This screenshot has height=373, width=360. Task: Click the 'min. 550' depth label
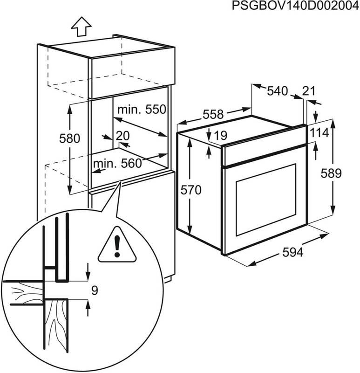pyautogui.click(x=142, y=110)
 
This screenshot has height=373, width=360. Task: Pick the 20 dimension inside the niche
pyautogui.click(x=122, y=136)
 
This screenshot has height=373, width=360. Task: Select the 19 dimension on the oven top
pyautogui.click(x=220, y=136)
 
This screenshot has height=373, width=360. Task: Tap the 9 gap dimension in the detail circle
pyautogui.click(x=95, y=291)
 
